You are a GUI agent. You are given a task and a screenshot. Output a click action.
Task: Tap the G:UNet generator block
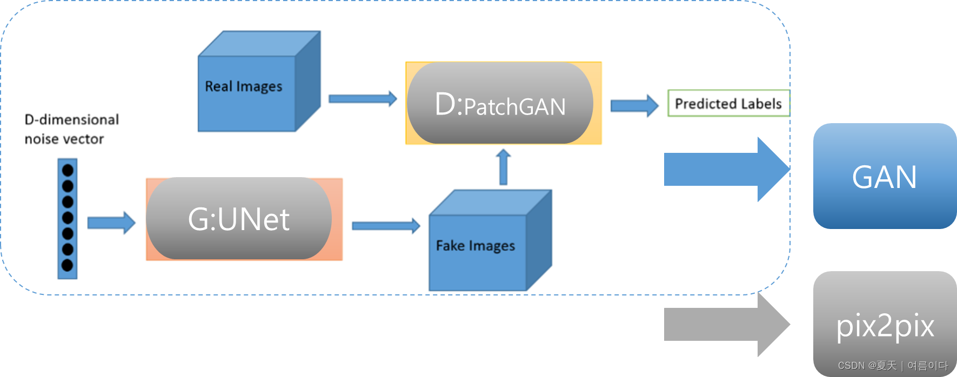(239, 219)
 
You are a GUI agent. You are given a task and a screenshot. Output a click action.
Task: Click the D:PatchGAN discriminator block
(500, 104)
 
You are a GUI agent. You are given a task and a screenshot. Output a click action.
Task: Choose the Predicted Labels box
(728, 103)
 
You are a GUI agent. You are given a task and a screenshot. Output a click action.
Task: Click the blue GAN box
(885, 176)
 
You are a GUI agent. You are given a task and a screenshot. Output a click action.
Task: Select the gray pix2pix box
(885, 324)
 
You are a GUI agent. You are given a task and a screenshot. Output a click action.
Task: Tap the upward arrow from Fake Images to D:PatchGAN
(503, 167)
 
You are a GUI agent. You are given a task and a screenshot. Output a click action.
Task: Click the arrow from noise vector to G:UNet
(111, 223)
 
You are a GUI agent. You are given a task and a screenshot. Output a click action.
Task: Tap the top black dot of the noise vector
(68, 170)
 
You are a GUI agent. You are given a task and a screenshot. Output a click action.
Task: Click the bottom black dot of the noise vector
(68, 265)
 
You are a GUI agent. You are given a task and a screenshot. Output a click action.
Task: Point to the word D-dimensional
(72, 119)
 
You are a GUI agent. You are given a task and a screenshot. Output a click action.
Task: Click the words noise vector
(64, 139)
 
